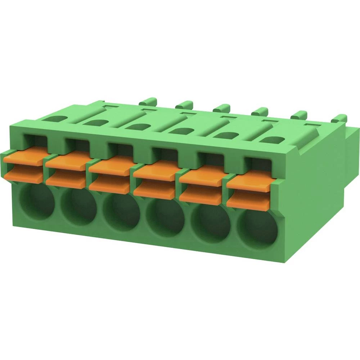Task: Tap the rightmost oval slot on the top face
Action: (x=273, y=140)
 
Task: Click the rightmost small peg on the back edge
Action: (x=340, y=118)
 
